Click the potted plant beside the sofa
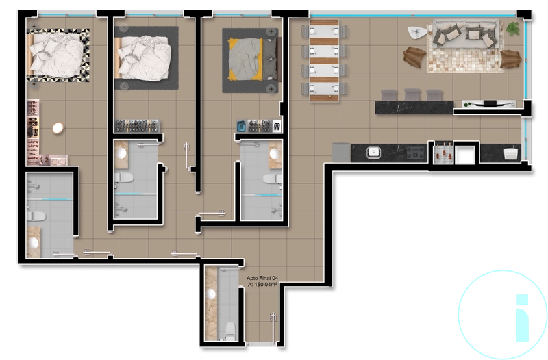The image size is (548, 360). pyautogui.click(x=512, y=28)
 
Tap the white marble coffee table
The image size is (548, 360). pyautogui.click(x=416, y=31)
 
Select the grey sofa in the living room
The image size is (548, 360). pyautogui.click(x=464, y=32)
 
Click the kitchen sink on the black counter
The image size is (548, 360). pyautogui.click(x=373, y=152)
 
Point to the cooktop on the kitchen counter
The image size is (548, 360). pyautogui.click(x=415, y=153)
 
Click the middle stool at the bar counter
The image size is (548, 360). pyautogui.click(x=412, y=94)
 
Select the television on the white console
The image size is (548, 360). pyautogui.click(x=490, y=103)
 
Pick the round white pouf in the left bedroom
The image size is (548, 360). pyautogui.click(x=58, y=127)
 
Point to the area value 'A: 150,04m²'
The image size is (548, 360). pyautogui.click(x=262, y=285)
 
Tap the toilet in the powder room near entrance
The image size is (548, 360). pyautogui.click(x=229, y=329)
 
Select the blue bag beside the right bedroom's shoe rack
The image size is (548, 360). pyautogui.click(x=241, y=125)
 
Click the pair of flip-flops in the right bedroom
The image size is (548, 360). pyautogui.click(x=276, y=125)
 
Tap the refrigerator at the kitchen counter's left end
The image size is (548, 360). pyautogui.click(x=340, y=152)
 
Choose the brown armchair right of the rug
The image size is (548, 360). pyautogui.click(x=510, y=58)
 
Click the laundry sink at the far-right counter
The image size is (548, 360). pyautogui.click(x=510, y=152)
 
